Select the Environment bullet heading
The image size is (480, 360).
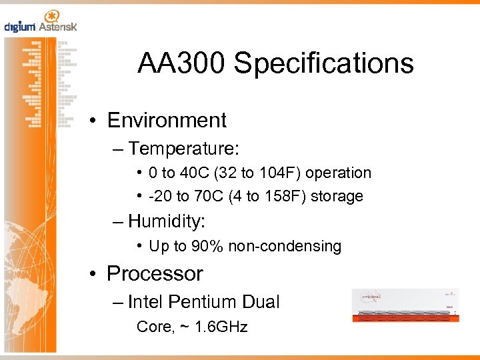[x=167, y=120]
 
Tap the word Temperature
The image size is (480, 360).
[x=183, y=147]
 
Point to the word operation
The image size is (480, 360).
[x=339, y=173]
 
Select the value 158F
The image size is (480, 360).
[x=286, y=196]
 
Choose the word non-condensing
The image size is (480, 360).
[x=285, y=246]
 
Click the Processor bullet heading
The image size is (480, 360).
[x=155, y=273]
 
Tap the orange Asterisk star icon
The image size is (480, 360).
[x=50, y=16]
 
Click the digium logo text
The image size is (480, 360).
[x=19, y=27]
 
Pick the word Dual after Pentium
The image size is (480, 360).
[x=261, y=302]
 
